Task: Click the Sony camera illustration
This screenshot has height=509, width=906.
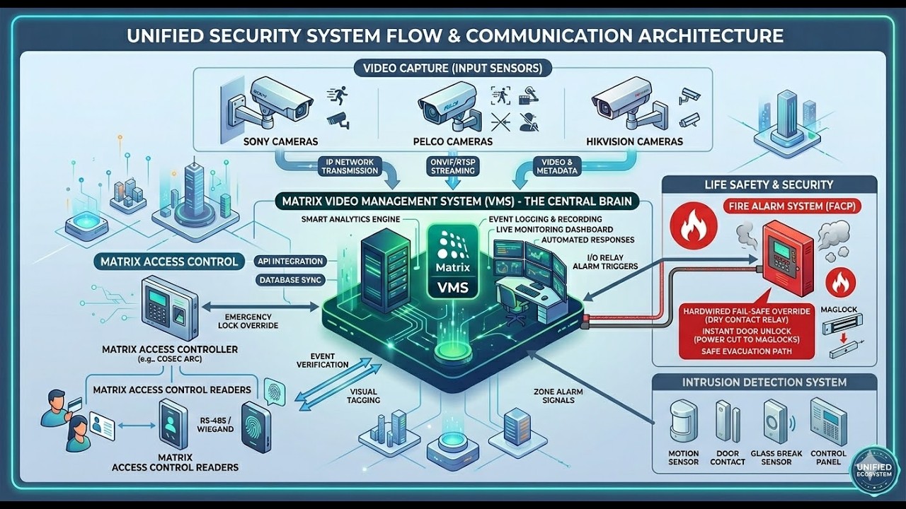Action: click(x=273, y=105)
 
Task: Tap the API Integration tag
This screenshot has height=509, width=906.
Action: click(x=290, y=262)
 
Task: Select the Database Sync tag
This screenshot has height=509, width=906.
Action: click(x=290, y=280)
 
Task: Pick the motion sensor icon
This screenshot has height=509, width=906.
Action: click(x=683, y=422)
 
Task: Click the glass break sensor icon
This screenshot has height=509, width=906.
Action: click(x=776, y=421)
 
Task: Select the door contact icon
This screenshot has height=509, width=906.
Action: click(x=723, y=422)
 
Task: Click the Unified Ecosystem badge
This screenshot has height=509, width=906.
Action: click(x=876, y=469)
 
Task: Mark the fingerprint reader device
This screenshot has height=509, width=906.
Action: click(x=256, y=427)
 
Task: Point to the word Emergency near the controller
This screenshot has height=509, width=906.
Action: click(x=248, y=317)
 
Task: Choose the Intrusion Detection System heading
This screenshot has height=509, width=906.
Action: click(x=764, y=382)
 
